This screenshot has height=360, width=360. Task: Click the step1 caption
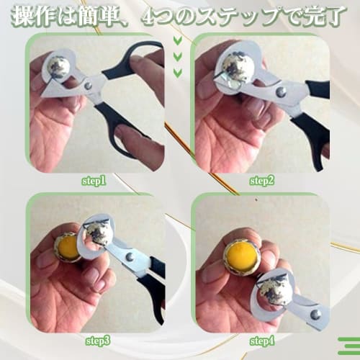(x=94, y=181)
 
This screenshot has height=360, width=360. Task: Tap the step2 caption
(x=263, y=181)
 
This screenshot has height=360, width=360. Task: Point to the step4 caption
(x=263, y=339)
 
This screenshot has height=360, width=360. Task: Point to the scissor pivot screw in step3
(x=129, y=256)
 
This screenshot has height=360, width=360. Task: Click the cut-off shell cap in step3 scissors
(x=96, y=233)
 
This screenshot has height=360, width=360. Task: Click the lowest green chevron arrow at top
(x=178, y=73)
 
